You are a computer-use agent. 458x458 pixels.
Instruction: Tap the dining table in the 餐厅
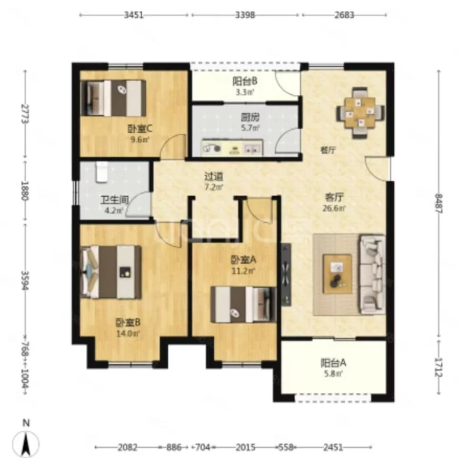click(x=360, y=112)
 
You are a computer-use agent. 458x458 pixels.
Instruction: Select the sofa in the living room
click(x=372, y=275)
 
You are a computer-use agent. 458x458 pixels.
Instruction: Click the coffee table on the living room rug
click(x=338, y=274)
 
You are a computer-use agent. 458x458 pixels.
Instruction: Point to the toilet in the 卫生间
click(x=101, y=172)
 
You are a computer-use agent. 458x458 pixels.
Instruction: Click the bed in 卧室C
click(x=113, y=98)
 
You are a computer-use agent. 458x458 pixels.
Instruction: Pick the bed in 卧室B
click(x=111, y=272)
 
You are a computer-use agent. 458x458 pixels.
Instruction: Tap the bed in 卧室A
click(x=243, y=304)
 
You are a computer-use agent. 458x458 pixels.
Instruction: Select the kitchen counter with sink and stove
click(x=232, y=148)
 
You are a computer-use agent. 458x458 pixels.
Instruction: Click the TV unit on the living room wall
click(x=286, y=274)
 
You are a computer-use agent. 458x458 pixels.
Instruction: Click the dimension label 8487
click(x=438, y=204)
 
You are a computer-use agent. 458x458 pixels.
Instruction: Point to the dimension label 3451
click(x=134, y=15)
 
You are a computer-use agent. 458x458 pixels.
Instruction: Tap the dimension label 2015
click(x=246, y=447)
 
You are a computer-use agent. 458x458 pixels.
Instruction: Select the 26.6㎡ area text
click(x=334, y=208)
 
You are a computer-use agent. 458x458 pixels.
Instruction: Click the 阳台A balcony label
click(x=333, y=363)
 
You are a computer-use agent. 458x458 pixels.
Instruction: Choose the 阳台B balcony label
click(x=245, y=81)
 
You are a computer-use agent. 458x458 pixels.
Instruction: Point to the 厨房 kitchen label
click(x=250, y=118)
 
